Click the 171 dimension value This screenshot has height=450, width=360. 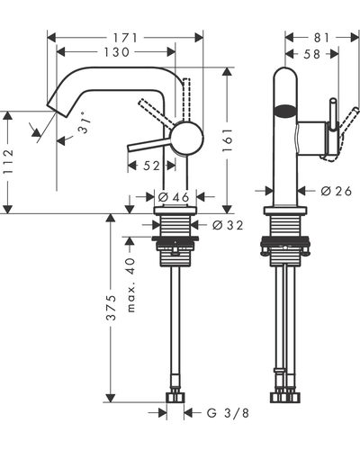coord(125,38)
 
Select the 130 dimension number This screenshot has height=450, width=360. coord(116,52)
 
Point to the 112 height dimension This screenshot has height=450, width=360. coord(8,162)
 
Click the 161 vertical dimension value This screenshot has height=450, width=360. coord(228,140)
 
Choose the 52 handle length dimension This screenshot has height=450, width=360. coord(151,166)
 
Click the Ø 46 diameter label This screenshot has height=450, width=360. coord(174,197)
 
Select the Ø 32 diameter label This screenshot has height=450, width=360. coord(228,225)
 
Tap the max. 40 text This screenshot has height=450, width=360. coord(130,285)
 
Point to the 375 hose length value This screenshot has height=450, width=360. coord(112,308)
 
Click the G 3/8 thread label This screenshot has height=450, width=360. coord(228,413)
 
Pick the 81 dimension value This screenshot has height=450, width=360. coord(321,38)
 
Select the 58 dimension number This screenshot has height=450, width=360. coord(312,54)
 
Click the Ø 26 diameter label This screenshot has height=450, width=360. coord(336,191)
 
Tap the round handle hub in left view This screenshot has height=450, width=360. coord(186,139)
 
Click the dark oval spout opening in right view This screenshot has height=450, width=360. coord(285,111)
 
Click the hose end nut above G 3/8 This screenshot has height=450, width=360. coord(175,397)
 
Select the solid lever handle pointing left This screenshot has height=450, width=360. coord(149,145)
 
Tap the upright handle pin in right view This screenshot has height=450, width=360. coord(333,115)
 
